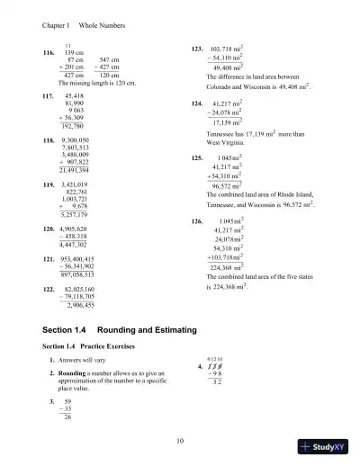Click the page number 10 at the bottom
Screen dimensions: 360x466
[180, 438]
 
